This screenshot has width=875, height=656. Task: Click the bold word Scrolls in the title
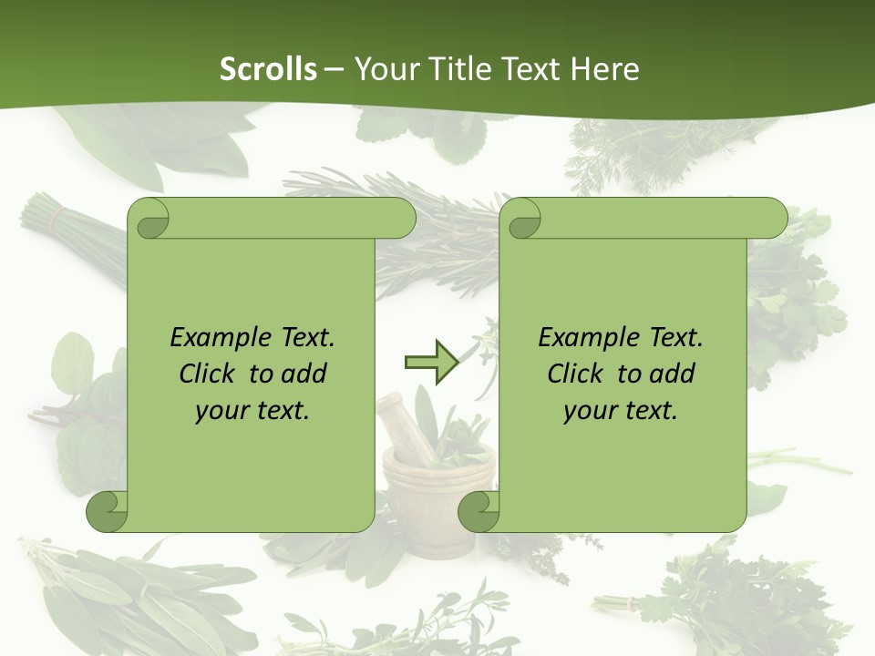268,69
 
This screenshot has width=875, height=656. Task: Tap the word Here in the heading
604,69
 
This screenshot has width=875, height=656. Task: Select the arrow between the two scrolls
431,363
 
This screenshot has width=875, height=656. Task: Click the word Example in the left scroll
216,338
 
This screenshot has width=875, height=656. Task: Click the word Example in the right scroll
584,338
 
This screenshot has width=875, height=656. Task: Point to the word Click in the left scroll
210,374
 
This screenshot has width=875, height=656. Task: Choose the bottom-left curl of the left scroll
107,513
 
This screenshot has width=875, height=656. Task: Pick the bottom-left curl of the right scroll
478,513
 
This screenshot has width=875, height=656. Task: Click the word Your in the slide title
383,69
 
